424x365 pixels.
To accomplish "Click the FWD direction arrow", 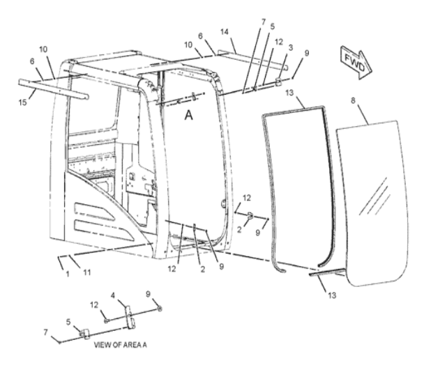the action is (x=356, y=63).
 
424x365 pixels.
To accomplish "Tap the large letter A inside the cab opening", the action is (x=188, y=116).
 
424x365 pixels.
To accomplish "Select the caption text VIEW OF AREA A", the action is (x=121, y=345).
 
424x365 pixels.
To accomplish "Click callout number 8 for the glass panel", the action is (x=353, y=100).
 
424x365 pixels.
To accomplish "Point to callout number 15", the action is (x=23, y=102).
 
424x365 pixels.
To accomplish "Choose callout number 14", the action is (x=225, y=32).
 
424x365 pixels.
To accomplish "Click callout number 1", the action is (x=68, y=274).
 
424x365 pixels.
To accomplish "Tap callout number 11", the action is (x=86, y=272).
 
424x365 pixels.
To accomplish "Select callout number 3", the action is (x=291, y=47).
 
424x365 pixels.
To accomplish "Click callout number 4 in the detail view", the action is (x=113, y=295).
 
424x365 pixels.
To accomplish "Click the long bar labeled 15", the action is (x=54, y=89).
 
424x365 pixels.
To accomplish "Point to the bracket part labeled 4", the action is (x=130, y=318).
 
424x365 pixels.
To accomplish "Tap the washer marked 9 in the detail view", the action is (x=160, y=309).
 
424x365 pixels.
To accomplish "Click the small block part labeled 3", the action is (x=278, y=81).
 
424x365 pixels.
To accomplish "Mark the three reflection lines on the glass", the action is (x=374, y=196).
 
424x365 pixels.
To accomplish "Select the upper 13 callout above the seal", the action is (x=289, y=93).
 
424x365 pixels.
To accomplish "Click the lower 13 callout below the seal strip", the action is (x=332, y=295).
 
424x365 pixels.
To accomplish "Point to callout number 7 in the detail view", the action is (x=46, y=332).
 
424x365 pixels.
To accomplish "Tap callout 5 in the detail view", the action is (x=68, y=322).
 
